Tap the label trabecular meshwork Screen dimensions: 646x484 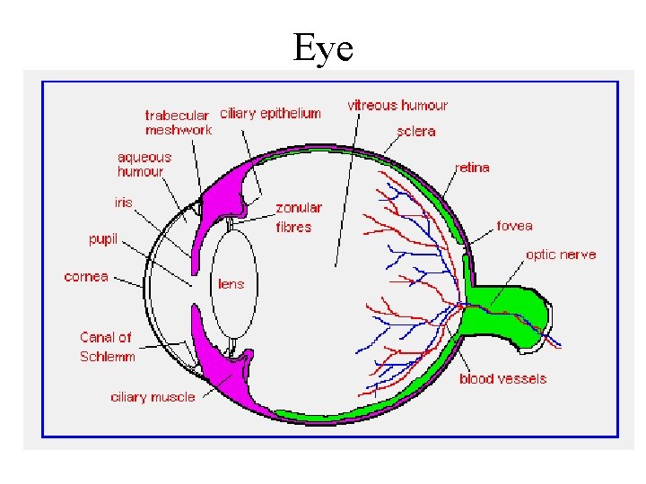click(178, 123)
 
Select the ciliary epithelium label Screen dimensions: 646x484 click(270, 114)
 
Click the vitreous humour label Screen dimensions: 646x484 click(397, 106)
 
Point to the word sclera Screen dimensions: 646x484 click(415, 132)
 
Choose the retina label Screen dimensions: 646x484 click(473, 168)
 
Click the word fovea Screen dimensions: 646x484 click(514, 226)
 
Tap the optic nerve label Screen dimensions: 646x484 click(561, 255)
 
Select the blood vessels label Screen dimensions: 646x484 click(502, 379)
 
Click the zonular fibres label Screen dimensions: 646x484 click(298, 218)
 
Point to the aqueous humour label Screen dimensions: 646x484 click(144, 164)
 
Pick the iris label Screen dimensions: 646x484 click(123, 203)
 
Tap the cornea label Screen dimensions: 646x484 click(86, 277)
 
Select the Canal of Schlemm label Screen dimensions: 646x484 click(107, 347)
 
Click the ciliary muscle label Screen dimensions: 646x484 click(153, 397)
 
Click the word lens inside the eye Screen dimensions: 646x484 click(231, 284)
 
